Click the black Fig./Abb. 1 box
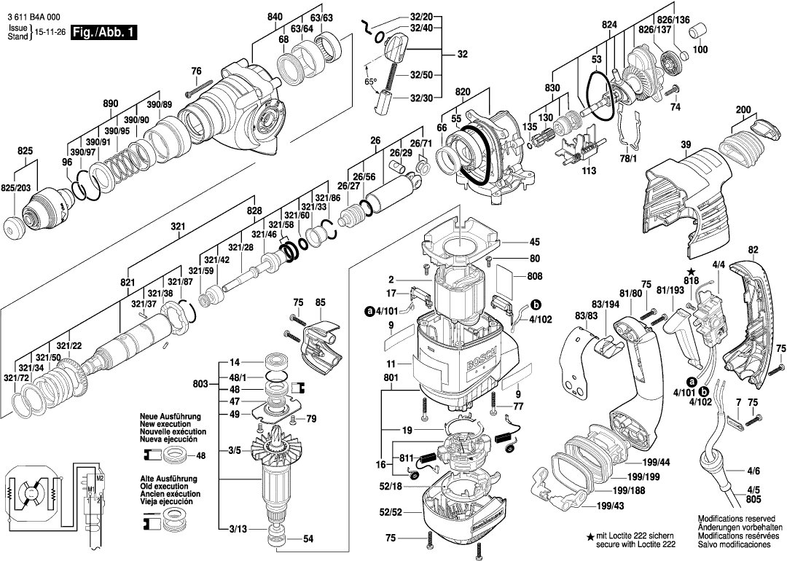(102, 33)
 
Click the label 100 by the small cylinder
(700, 50)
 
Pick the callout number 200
(743, 110)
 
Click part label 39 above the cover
(685, 145)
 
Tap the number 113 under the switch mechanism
(589, 171)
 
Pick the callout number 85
(320, 302)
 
